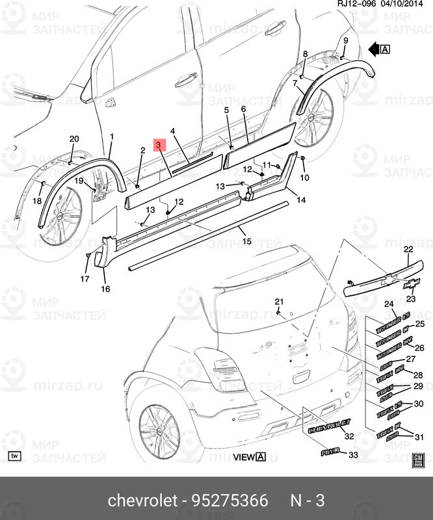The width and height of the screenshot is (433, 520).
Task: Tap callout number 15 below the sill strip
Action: click(x=246, y=241)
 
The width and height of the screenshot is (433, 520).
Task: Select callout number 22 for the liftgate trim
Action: click(x=408, y=250)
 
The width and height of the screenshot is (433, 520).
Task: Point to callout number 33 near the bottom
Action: click(x=353, y=455)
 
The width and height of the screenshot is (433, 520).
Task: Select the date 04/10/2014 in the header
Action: click(x=408, y=5)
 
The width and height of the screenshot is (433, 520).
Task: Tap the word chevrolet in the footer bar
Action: click(x=142, y=500)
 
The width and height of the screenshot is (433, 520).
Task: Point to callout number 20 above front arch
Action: click(x=73, y=139)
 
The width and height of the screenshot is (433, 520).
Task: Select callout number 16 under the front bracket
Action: click(x=105, y=289)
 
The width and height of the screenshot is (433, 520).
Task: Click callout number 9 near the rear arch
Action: click(x=345, y=41)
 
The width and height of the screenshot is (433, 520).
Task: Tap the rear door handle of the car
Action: click(x=186, y=79)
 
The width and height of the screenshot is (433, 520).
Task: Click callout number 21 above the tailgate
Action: click(x=279, y=301)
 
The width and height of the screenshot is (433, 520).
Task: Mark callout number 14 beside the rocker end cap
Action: click(x=301, y=200)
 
